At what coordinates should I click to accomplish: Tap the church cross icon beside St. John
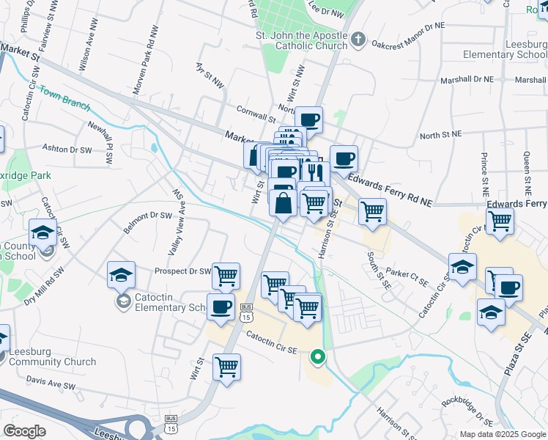tap(358, 38)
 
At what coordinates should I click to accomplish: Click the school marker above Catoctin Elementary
tap(122, 275)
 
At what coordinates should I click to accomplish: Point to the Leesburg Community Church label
tap(52, 356)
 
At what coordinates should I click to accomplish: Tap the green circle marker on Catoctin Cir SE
tap(317, 357)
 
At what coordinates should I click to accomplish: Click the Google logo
tap(24, 431)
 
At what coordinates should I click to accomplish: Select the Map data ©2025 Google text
tap(502, 434)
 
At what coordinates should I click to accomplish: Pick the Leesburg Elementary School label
tap(506, 49)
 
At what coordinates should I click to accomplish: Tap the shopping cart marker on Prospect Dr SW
tap(226, 276)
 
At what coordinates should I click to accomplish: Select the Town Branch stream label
tap(64, 99)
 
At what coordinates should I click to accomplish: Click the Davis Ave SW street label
tap(51, 383)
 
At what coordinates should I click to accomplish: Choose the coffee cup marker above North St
tap(309, 120)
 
